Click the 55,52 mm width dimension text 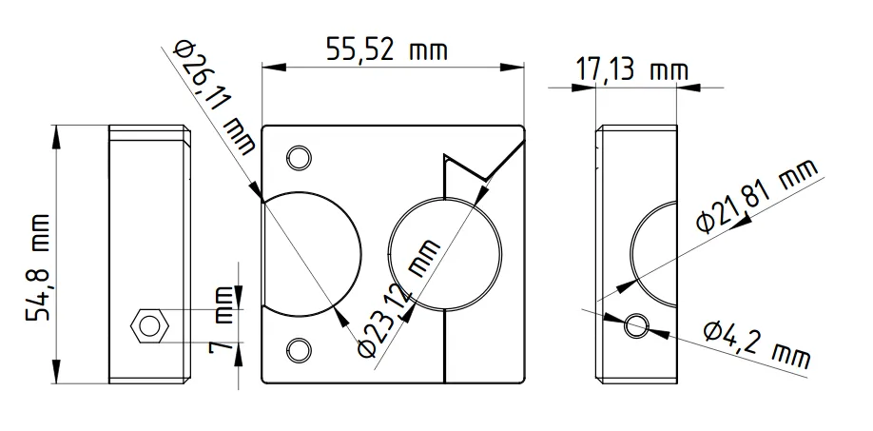[386, 49]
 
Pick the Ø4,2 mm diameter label [757, 344]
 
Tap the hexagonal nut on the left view [148, 325]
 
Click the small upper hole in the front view [299, 156]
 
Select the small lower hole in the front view [299, 350]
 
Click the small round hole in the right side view [636, 325]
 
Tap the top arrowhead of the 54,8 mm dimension [59, 132]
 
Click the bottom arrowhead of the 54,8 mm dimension [59, 376]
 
